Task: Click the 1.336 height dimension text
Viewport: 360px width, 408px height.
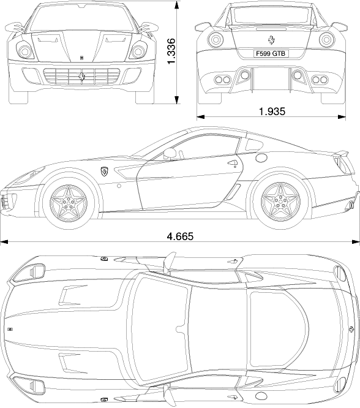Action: [x=171, y=51]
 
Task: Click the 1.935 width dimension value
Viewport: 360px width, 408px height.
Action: [x=272, y=111]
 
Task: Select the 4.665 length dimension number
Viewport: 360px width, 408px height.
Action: [x=180, y=236]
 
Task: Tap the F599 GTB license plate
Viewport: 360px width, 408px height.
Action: [x=271, y=53]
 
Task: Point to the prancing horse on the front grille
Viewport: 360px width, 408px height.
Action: [x=82, y=76]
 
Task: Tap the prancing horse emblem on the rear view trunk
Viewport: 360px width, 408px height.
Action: [x=271, y=40]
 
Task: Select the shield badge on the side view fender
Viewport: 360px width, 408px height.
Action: [x=104, y=172]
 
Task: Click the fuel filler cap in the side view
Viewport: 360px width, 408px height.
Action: [x=261, y=157]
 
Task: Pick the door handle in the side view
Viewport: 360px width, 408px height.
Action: [x=233, y=163]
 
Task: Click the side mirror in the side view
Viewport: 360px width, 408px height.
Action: [x=170, y=154]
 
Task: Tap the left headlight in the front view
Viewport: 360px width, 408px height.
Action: [x=25, y=51]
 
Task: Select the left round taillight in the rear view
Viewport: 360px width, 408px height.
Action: [x=216, y=40]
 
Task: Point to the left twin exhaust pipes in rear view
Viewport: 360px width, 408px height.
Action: [x=223, y=80]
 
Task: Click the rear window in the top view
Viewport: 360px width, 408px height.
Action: [x=279, y=330]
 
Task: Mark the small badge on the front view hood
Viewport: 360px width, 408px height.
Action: [x=81, y=58]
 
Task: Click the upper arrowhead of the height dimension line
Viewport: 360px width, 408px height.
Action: [x=177, y=5]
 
